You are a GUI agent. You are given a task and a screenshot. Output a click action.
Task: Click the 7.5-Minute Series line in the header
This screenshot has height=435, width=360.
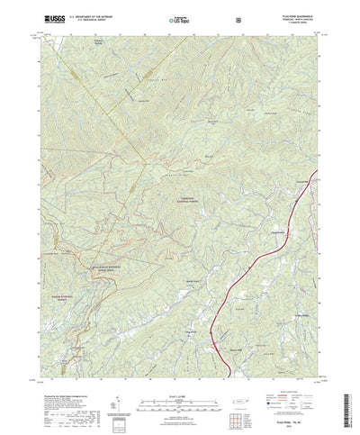(296, 23)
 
